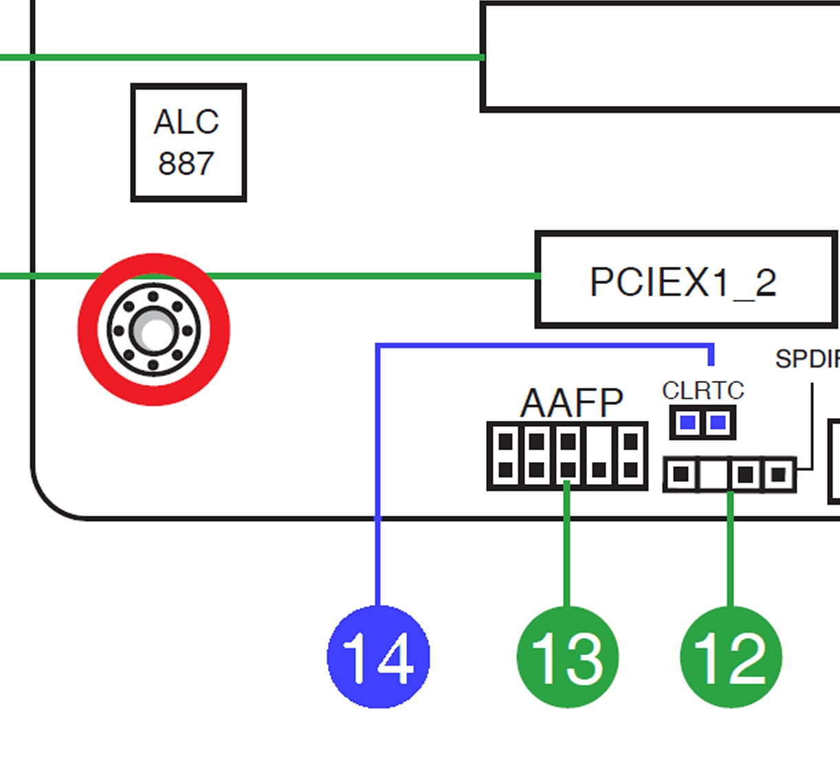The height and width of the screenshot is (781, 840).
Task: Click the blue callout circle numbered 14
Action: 379,657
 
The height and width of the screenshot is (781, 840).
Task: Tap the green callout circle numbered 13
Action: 568,657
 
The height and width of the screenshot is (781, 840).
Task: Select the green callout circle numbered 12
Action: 731,657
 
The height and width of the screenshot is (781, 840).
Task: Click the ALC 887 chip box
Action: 188,142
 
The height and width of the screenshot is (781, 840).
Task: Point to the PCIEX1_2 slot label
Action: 683,282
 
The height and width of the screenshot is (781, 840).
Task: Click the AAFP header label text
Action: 571,403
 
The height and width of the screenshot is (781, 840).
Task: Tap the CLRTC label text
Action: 703,390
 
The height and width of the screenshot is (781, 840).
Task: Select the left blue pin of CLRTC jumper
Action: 687,423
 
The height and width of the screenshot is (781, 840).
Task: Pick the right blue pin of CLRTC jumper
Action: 718,423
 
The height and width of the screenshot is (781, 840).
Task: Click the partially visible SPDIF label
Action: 808,359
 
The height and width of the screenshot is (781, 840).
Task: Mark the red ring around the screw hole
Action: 153,329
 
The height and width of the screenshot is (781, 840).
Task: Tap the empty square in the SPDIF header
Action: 714,474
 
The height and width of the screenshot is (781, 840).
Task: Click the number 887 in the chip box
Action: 186,164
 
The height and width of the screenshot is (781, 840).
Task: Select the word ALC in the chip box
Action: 186,122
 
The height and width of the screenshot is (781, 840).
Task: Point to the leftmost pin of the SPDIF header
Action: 681,474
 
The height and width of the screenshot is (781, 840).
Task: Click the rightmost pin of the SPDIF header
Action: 778,474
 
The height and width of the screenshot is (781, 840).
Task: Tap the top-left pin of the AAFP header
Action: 506,442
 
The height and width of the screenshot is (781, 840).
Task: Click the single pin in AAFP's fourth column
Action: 599,470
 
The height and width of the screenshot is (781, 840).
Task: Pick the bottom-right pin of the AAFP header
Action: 630,470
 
